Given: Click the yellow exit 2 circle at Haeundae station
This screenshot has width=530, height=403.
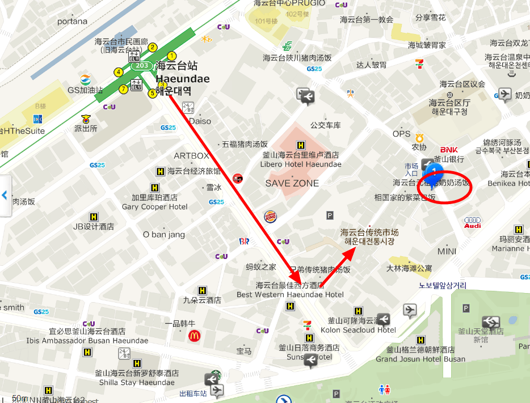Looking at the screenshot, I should click(153, 48).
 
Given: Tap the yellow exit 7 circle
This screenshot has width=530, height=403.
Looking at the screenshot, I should click(123, 89).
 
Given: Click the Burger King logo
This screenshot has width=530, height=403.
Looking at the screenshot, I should click(271, 216).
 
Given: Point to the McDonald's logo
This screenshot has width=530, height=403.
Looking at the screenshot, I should click(194, 336).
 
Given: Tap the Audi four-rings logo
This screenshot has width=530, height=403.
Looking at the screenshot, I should click(472, 222).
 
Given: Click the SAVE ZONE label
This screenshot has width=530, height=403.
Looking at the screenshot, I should click(292, 183).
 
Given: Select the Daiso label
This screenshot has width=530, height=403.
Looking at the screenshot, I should click(200, 121).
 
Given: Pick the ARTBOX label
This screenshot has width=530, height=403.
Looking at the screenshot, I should click(191, 155).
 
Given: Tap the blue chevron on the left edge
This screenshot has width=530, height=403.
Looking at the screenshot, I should click(5, 196).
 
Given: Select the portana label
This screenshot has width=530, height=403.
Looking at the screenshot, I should click(72, 22).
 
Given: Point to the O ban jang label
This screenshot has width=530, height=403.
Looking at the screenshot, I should click(164, 235).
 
